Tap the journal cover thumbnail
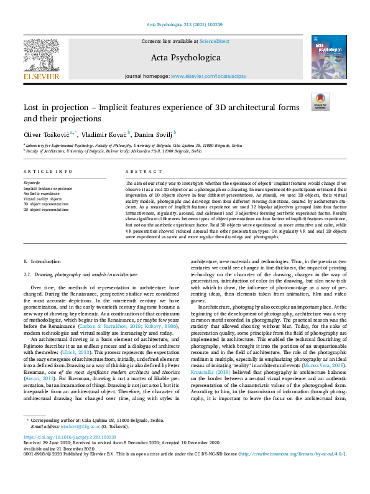(328, 57)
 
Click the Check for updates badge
(320, 101)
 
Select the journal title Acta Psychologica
(185, 58)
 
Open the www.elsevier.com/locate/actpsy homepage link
(210, 76)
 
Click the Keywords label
(32, 183)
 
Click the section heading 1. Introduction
(42, 262)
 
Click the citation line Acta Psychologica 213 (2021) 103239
(185, 24)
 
